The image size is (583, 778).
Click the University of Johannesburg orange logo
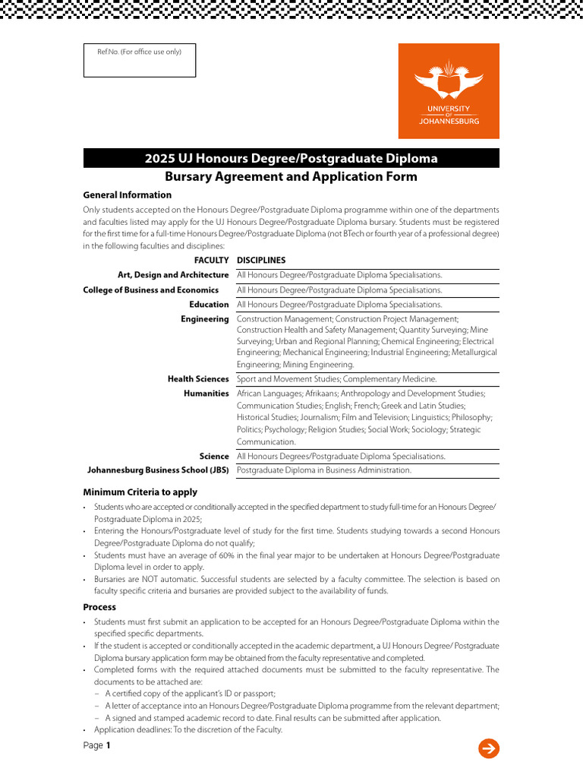coord(449,90)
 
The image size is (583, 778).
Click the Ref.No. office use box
coord(139,60)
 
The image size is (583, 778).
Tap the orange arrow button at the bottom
coord(489,748)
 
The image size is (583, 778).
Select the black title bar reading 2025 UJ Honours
coord(291,158)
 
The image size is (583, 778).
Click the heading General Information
coord(128,195)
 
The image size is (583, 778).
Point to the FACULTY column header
coord(211,261)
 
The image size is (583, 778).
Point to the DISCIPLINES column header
coord(261,261)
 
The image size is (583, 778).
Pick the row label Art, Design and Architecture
coord(173,275)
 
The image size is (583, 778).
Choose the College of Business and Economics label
coord(150,290)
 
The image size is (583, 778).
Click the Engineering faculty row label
coord(204,319)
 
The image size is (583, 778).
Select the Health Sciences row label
coord(198,379)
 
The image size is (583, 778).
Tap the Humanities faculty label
coord(206,394)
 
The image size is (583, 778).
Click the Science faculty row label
coord(214,457)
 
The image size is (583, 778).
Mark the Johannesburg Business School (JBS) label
coord(158,470)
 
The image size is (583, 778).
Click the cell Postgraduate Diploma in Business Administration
coord(324,470)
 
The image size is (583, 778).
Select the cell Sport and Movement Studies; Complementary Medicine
coord(337,379)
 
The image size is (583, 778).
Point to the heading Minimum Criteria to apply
coord(140,492)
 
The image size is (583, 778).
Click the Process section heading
coord(99,607)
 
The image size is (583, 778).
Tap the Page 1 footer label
coord(96,745)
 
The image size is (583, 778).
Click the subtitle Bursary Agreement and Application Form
coord(291,176)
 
